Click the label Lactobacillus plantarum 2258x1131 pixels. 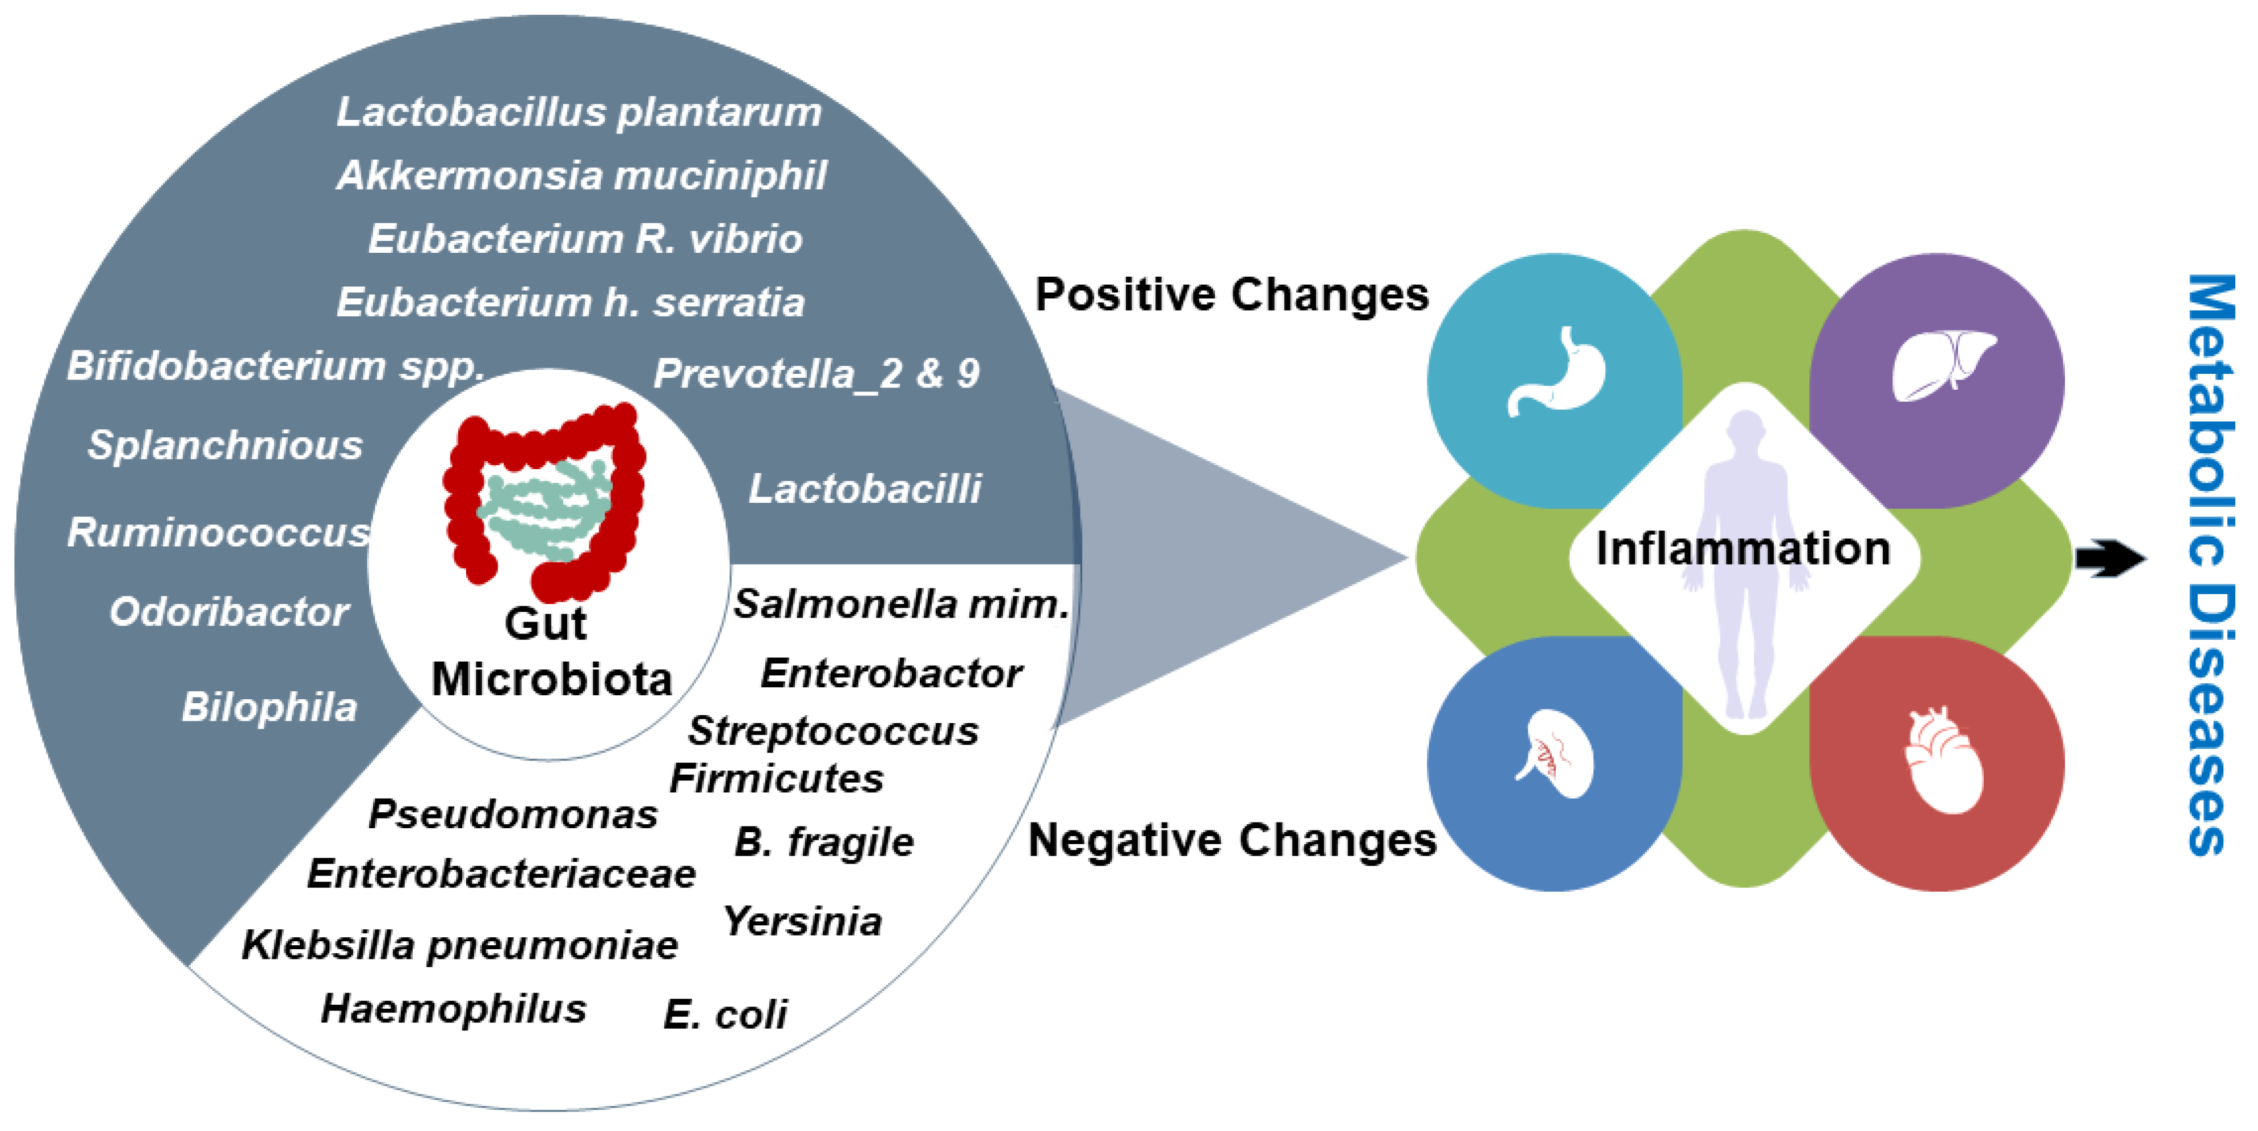[579, 112]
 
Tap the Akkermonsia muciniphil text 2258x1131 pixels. [581, 176]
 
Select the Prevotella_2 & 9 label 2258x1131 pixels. [816, 374]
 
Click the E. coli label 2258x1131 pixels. [725, 1015]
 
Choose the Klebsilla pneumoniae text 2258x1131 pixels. [459, 945]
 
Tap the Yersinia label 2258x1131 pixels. [802, 921]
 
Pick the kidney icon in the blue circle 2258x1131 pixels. [1556, 754]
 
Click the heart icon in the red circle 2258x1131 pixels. [1943, 761]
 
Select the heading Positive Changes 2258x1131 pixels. [1231, 295]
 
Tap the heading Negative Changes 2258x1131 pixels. [1231, 841]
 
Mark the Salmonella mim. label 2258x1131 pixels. [901, 604]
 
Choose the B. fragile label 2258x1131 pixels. [823, 842]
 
